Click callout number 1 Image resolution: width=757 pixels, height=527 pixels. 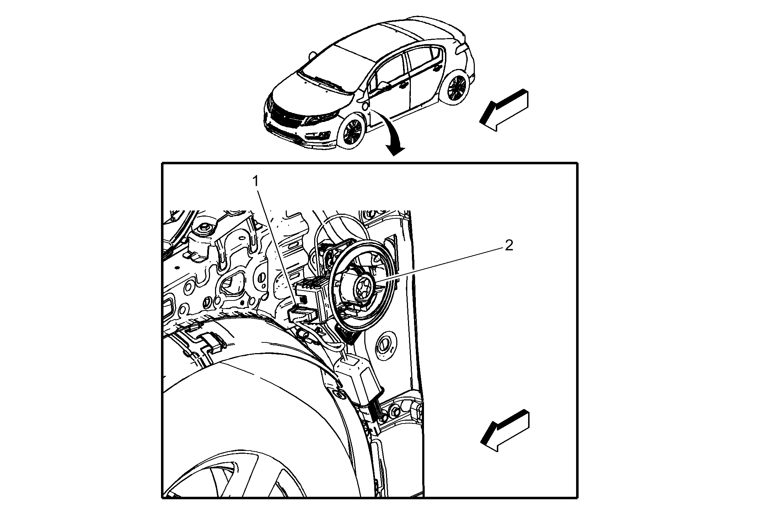(x=256, y=181)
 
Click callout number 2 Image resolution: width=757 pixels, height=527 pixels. (x=509, y=245)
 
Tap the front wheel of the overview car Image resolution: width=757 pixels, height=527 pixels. (x=352, y=131)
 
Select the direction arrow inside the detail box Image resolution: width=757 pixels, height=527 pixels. (x=505, y=431)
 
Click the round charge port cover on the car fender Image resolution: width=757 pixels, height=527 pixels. (x=364, y=106)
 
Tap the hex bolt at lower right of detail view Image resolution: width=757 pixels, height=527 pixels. (x=395, y=411)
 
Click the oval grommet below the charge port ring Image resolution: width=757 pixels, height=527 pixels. (x=384, y=344)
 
